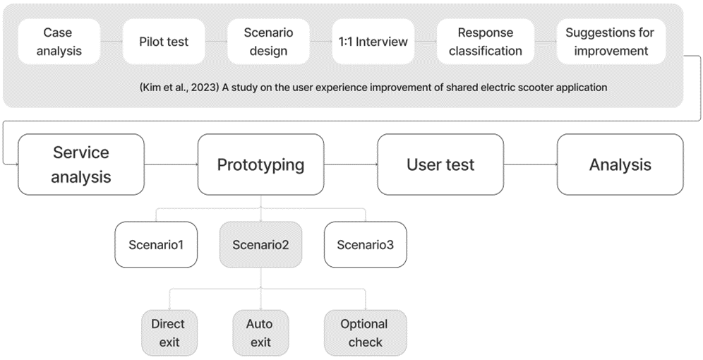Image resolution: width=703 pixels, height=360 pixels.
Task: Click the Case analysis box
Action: (59, 42)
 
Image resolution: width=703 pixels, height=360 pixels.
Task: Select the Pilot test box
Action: (164, 42)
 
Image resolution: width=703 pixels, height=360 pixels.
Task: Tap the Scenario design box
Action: (268, 42)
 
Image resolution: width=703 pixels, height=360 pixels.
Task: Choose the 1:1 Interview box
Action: (373, 42)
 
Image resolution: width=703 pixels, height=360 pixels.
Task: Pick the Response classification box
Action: (486, 42)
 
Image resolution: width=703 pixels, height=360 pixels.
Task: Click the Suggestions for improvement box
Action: (611, 42)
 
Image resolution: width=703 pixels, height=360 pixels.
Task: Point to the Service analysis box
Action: (81, 164)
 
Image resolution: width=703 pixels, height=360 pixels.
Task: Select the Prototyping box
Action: (261, 164)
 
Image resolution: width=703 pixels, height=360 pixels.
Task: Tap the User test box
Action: (440, 164)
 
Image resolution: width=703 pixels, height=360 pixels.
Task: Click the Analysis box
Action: (620, 164)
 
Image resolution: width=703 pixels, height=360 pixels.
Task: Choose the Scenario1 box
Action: (156, 245)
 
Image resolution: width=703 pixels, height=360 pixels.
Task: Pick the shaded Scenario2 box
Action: (260, 245)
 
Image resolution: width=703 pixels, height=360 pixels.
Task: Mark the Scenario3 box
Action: (366, 245)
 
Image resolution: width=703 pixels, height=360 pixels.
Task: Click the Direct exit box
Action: (169, 333)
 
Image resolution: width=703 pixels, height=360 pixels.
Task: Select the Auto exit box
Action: (260, 333)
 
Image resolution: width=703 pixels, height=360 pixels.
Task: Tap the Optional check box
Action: (366, 333)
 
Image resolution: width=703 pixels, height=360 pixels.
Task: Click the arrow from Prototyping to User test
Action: (351, 164)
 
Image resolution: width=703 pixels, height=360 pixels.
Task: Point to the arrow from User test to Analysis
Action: (530, 164)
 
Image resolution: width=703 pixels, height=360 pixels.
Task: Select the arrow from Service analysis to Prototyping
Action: (171, 164)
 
